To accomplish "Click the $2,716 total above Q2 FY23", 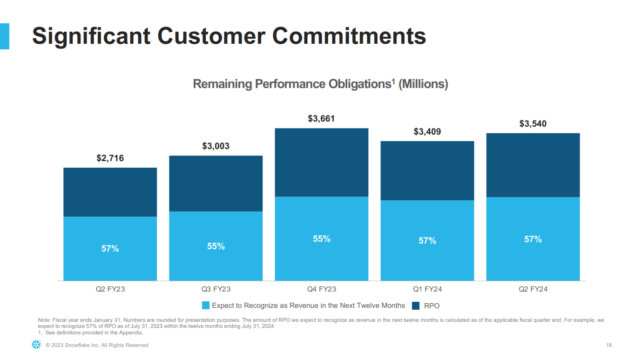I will tap(110, 158).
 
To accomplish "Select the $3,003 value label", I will tap(216, 146).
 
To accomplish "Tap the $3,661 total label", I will tap(321, 119).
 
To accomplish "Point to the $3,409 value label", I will tap(427, 132).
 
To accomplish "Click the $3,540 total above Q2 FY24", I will tap(533, 124).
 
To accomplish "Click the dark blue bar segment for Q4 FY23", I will tap(321, 162).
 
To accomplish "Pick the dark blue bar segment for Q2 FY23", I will tap(110, 192).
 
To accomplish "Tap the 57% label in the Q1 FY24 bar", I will tap(427, 241).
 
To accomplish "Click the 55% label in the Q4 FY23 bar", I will tap(321, 239).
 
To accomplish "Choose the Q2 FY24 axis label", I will tap(533, 289).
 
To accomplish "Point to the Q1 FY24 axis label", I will tap(427, 289).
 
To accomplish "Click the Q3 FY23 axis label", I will tap(216, 289).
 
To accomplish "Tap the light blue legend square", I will tap(206, 306).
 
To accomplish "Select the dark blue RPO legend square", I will tap(416, 306).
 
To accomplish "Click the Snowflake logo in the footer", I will tap(36, 345).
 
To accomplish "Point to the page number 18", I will tap(609, 345).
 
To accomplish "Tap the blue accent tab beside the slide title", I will tap(4, 36).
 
